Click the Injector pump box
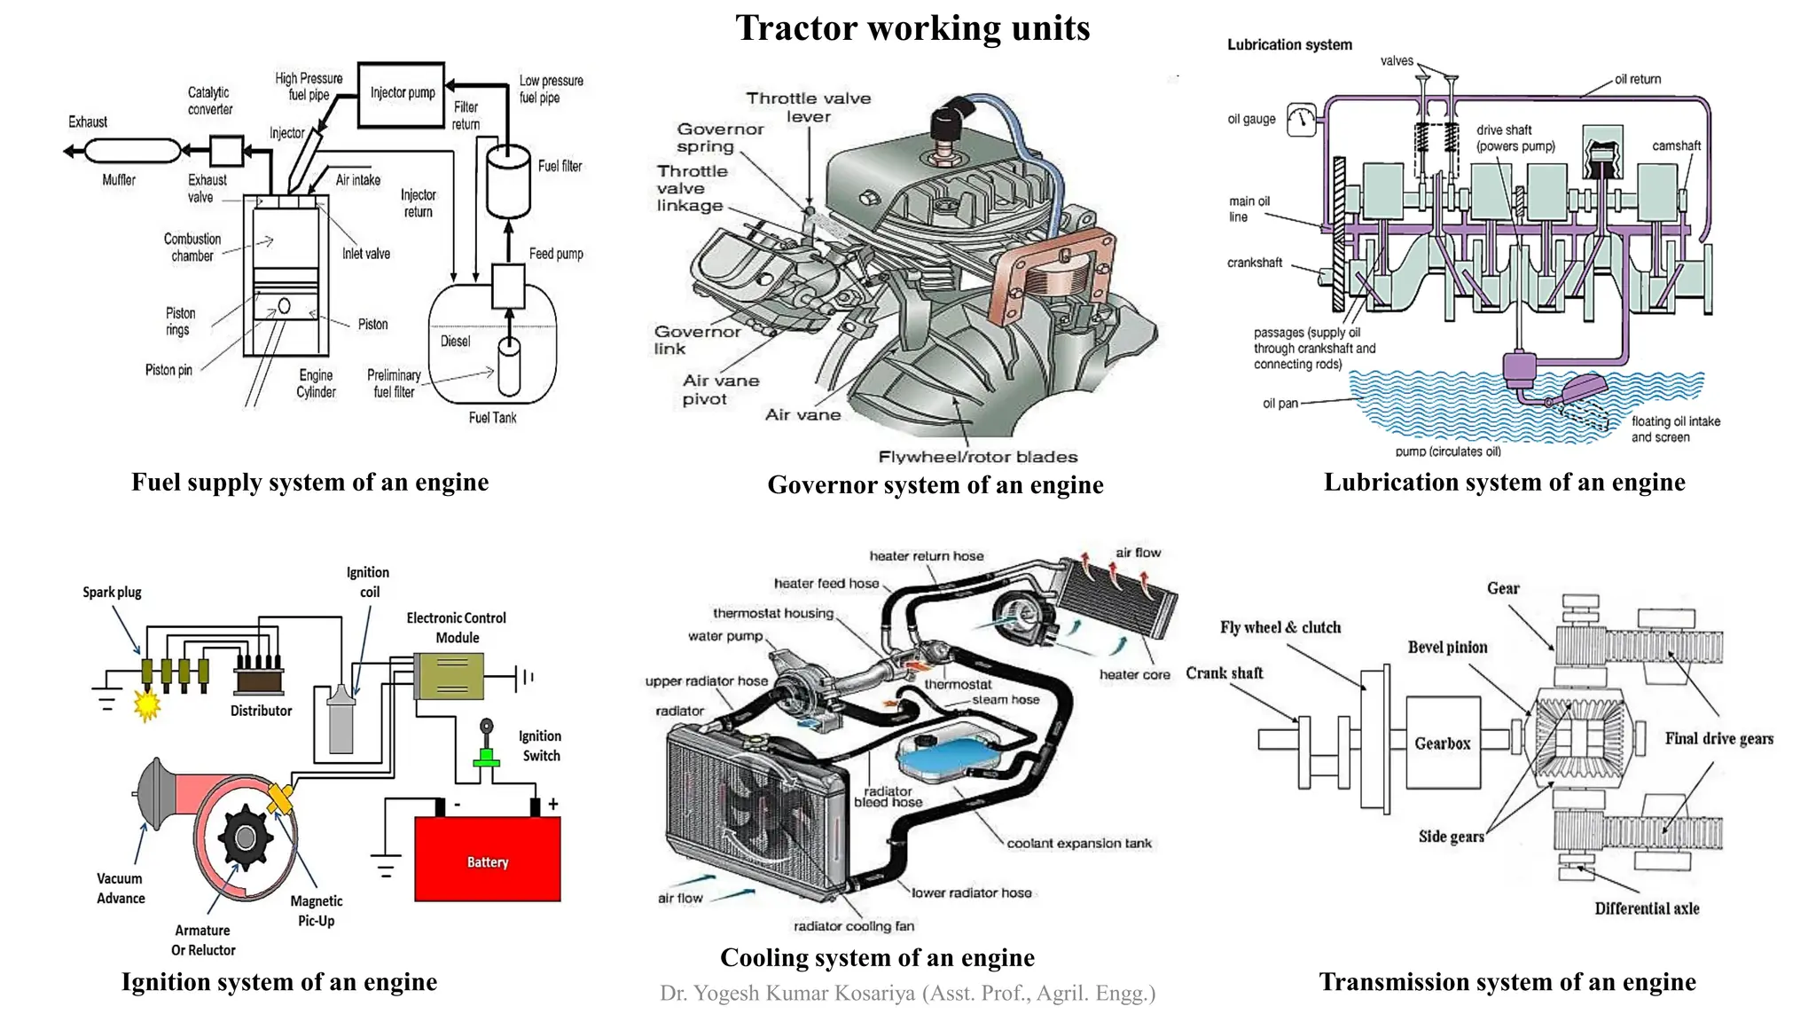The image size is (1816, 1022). click(x=402, y=94)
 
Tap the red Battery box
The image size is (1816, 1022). click(x=488, y=859)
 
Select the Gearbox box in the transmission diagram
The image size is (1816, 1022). click(x=1443, y=743)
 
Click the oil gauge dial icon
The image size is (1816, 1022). click(x=1302, y=120)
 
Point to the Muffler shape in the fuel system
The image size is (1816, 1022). click(x=132, y=151)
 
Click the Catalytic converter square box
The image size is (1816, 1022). click(x=226, y=151)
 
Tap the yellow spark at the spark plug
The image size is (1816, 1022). click(x=146, y=705)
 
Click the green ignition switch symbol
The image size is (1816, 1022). click(x=485, y=755)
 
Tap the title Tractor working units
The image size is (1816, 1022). click(x=912, y=28)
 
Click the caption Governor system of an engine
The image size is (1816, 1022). click(x=935, y=484)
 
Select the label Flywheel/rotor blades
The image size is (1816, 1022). click(x=977, y=457)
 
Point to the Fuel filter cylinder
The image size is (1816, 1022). click(x=508, y=182)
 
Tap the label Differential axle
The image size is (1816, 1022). click(x=1647, y=908)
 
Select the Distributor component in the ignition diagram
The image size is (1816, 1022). click(x=259, y=680)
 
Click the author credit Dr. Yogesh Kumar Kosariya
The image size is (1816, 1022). click(x=906, y=993)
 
